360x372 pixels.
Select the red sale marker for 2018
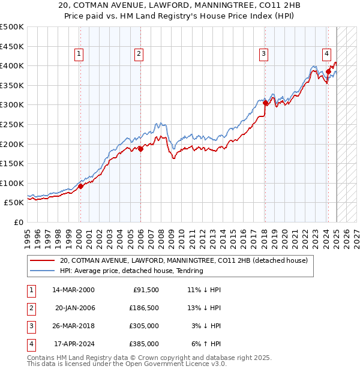click(265, 103)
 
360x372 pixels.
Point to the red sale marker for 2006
click(140, 149)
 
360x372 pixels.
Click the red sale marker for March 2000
click(80, 186)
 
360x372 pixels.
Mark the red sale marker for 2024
click(329, 71)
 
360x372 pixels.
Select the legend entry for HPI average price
click(131, 271)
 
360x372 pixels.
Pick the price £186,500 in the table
click(145, 308)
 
